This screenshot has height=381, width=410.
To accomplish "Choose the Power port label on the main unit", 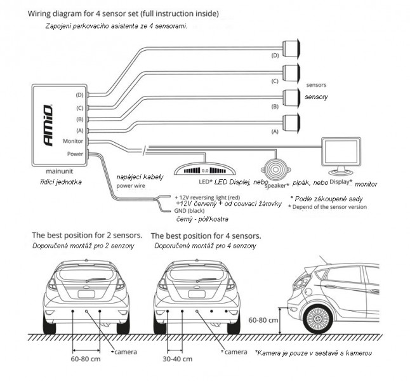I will click(x=75, y=153).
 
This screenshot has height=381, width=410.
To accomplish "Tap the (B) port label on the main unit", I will click(x=79, y=118).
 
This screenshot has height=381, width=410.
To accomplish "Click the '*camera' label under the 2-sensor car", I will click(x=122, y=351).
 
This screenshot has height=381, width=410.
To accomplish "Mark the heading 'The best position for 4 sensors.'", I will click(x=206, y=235).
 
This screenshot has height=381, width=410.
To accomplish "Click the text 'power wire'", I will click(x=131, y=187).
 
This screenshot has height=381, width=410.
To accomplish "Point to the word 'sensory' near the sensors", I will click(x=316, y=98).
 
